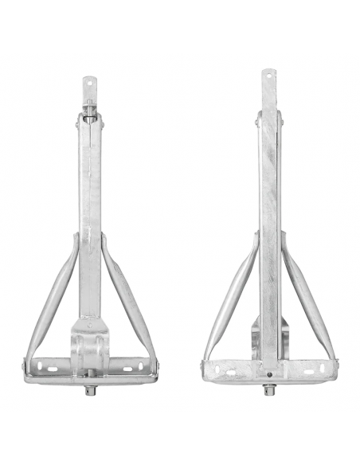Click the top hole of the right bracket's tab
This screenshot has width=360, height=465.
click(268, 76)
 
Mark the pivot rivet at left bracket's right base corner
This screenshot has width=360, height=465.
click(157, 366)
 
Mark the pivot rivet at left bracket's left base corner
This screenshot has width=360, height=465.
click(25, 367)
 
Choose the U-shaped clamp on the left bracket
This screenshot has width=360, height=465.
click(90, 346)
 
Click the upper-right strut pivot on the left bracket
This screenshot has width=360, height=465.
click(104, 236)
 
